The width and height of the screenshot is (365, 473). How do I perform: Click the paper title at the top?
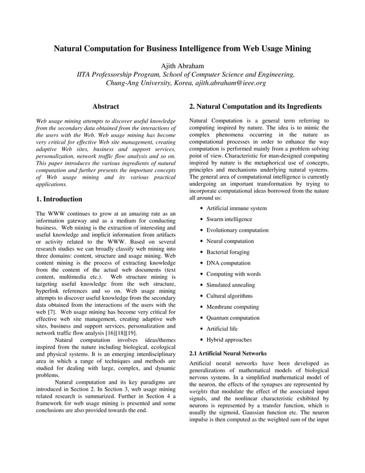point(182,49)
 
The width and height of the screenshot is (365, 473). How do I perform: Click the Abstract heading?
point(105,107)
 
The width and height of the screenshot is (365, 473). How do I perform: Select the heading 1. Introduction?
point(59,199)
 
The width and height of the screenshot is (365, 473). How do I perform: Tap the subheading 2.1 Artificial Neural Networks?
point(227,353)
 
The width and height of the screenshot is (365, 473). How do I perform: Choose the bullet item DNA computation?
point(228,263)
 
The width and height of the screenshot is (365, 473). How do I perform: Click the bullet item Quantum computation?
point(233,318)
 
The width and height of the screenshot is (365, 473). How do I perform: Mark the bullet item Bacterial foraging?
point(229,252)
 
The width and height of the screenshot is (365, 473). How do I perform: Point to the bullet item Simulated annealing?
point(231,285)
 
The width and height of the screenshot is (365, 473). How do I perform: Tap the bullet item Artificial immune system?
point(236,208)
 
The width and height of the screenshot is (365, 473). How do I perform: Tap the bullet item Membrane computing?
point(232,307)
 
